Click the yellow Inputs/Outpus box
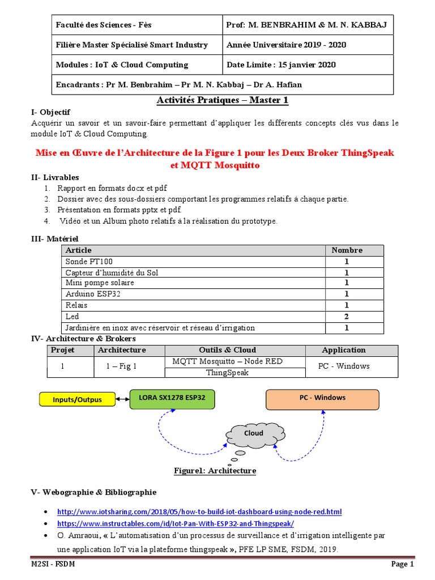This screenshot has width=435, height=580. click(x=77, y=399)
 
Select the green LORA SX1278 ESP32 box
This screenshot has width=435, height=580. click(x=172, y=398)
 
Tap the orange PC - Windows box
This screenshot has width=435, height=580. click(x=322, y=398)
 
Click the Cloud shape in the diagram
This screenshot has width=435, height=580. click(x=254, y=433)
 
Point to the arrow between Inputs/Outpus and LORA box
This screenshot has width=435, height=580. click(x=122, y=399)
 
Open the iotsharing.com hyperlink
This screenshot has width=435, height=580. click(x=199, y=511)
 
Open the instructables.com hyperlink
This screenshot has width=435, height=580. click(x=176, y=524)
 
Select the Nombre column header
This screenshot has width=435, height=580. click(x=347, y=250)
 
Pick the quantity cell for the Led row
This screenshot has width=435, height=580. click(x=347, y=317)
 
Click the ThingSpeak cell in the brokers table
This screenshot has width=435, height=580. click(x=227, y=373)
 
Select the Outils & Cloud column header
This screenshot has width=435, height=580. click(x=227, y=350)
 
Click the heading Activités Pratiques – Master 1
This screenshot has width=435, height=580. click(x=222, y=100)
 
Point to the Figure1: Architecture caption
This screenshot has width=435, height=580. click(x=215, y=471)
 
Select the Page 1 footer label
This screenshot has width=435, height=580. click(x=402, y=564)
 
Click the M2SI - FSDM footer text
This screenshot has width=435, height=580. click(x=53, y=564)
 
